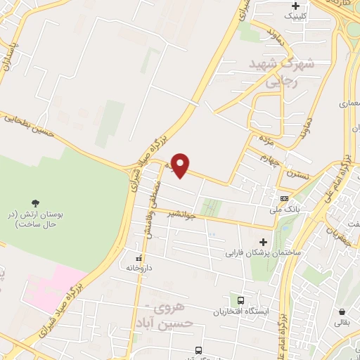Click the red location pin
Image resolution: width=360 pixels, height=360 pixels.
click(x=181, y=165)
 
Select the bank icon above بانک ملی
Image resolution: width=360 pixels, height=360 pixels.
click(x=284, y=198)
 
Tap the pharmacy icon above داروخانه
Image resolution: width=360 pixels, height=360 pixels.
click(x=139, y=257)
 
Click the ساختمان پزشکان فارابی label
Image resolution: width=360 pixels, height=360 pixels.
click(x=263, y=252)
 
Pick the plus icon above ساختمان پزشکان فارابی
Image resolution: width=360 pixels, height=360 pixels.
click(x=263, y=242)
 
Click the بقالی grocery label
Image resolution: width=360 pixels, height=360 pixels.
click(x=342, y=323)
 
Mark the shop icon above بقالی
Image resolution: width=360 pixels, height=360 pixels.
click(x=342, y=311)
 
